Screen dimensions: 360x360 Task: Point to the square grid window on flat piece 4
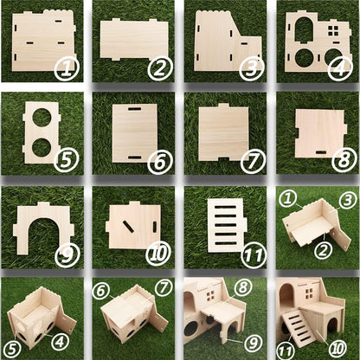coord(332,32)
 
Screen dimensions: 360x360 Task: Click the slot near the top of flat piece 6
coord(134,110)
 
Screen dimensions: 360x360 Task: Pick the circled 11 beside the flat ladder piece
coord(251,254)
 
